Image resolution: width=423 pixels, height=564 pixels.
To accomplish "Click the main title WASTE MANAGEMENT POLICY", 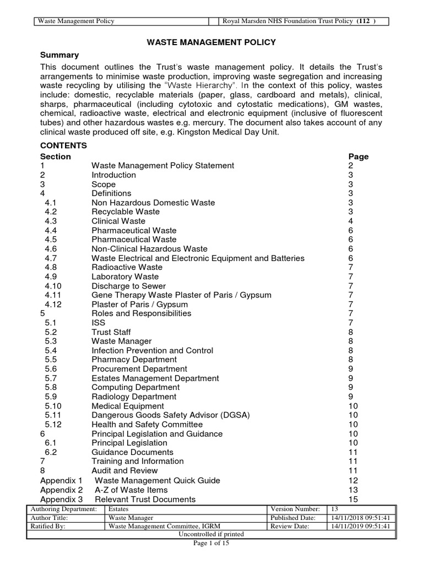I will [211, 42].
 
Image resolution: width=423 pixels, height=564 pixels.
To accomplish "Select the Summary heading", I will [59, 55].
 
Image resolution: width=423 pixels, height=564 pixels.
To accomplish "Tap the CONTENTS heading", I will [63, 146].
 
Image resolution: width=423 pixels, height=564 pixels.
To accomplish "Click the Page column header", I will [358, 156].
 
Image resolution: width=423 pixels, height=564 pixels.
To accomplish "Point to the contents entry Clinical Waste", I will [118, 221].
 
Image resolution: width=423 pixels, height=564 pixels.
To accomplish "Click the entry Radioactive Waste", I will [127, 267].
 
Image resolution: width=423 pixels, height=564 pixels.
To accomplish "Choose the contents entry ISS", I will [98, 323].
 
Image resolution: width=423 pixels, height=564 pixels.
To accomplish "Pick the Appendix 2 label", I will [61, 490].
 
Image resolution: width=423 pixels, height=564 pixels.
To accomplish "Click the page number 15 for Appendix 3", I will [353, 499].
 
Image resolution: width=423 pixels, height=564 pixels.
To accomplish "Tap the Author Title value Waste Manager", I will [131, 518].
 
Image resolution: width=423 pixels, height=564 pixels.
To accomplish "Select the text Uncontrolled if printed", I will [211, 534].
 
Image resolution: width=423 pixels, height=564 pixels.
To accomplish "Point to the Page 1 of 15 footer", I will [211, 544].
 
